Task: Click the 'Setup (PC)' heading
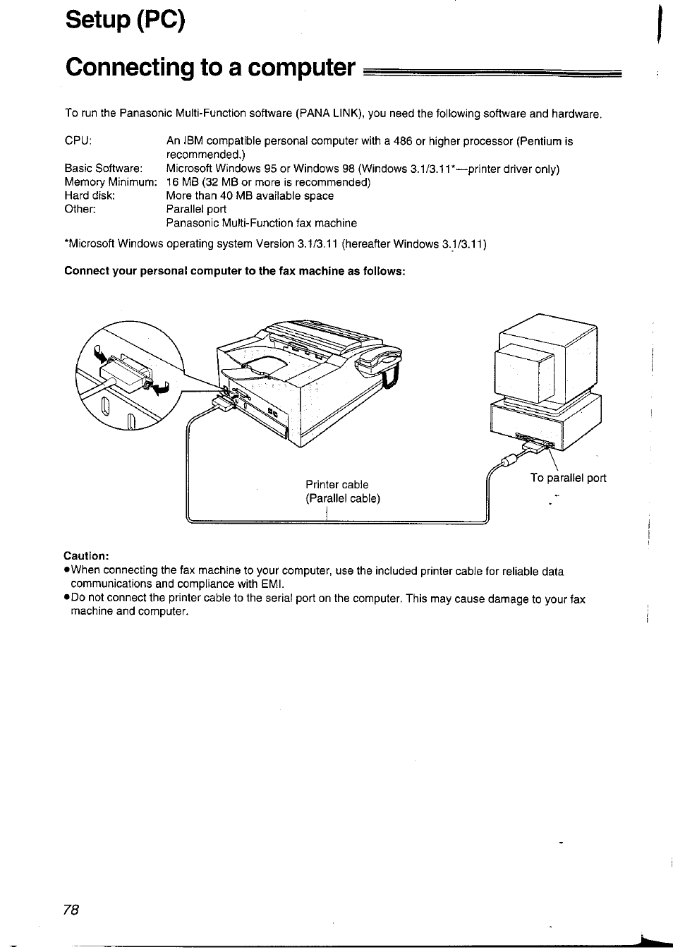[126, 20]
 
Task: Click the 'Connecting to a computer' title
[210, 67]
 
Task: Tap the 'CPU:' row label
[78, 140]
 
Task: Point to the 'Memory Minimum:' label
[110, 182]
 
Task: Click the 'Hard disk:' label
[90, 195]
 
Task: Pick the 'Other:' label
[80, 209]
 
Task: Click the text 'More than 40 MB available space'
[250, 195]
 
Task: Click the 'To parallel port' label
[568, 478]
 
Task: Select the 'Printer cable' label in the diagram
[336, 485]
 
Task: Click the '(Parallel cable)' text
[343, 498]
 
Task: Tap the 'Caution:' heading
[87, 555]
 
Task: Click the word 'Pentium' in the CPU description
[541, 141]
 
